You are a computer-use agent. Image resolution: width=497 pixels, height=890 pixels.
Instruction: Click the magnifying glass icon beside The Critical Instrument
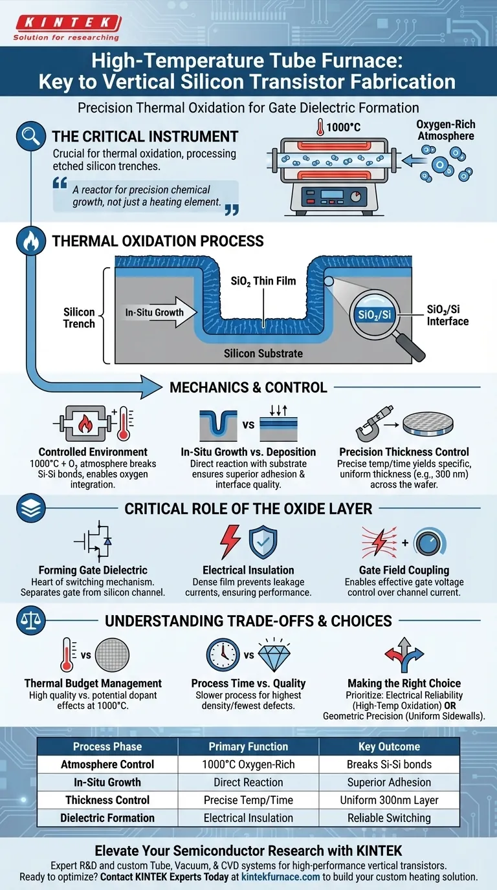pos(27,137)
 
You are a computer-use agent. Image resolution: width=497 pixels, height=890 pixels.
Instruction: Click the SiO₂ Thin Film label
pos(263,281)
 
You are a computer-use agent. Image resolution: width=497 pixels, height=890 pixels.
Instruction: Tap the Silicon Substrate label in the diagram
pos(263,354)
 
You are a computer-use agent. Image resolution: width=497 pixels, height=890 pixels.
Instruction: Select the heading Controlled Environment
pos(93,452)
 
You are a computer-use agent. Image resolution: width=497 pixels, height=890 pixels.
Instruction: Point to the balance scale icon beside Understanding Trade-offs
pos(27,621)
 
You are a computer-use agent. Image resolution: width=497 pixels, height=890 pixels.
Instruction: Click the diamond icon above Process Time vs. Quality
pos(274,655)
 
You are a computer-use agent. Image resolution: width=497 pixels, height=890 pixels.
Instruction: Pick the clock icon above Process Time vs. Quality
pos(223,655)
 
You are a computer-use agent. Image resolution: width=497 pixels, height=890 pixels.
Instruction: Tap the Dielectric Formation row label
pos(107,818)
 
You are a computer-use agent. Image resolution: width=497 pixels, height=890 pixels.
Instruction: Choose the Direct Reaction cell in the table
pos(248,782)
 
